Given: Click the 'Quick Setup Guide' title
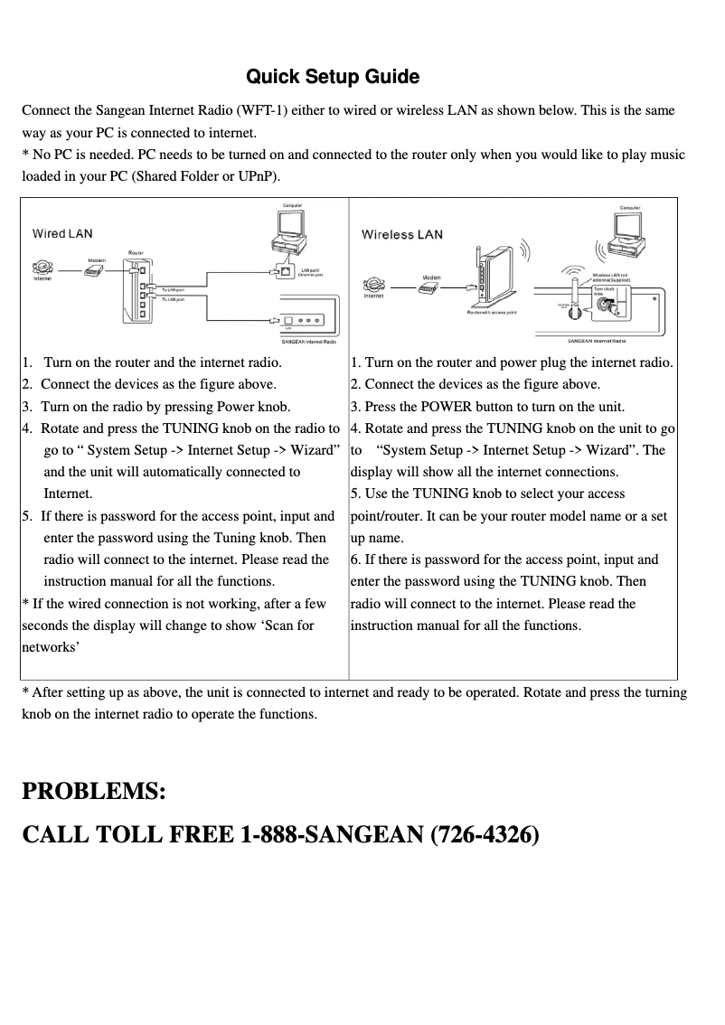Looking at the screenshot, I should click(333, 77).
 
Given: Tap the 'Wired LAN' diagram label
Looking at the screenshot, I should click(62, 233).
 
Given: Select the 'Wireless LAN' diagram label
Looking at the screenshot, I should click(402, 235).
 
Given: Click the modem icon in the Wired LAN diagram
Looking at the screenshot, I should click(93, 270).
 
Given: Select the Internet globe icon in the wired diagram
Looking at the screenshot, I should click(42, 268).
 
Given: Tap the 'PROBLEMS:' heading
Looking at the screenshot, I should click(93, 792).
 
